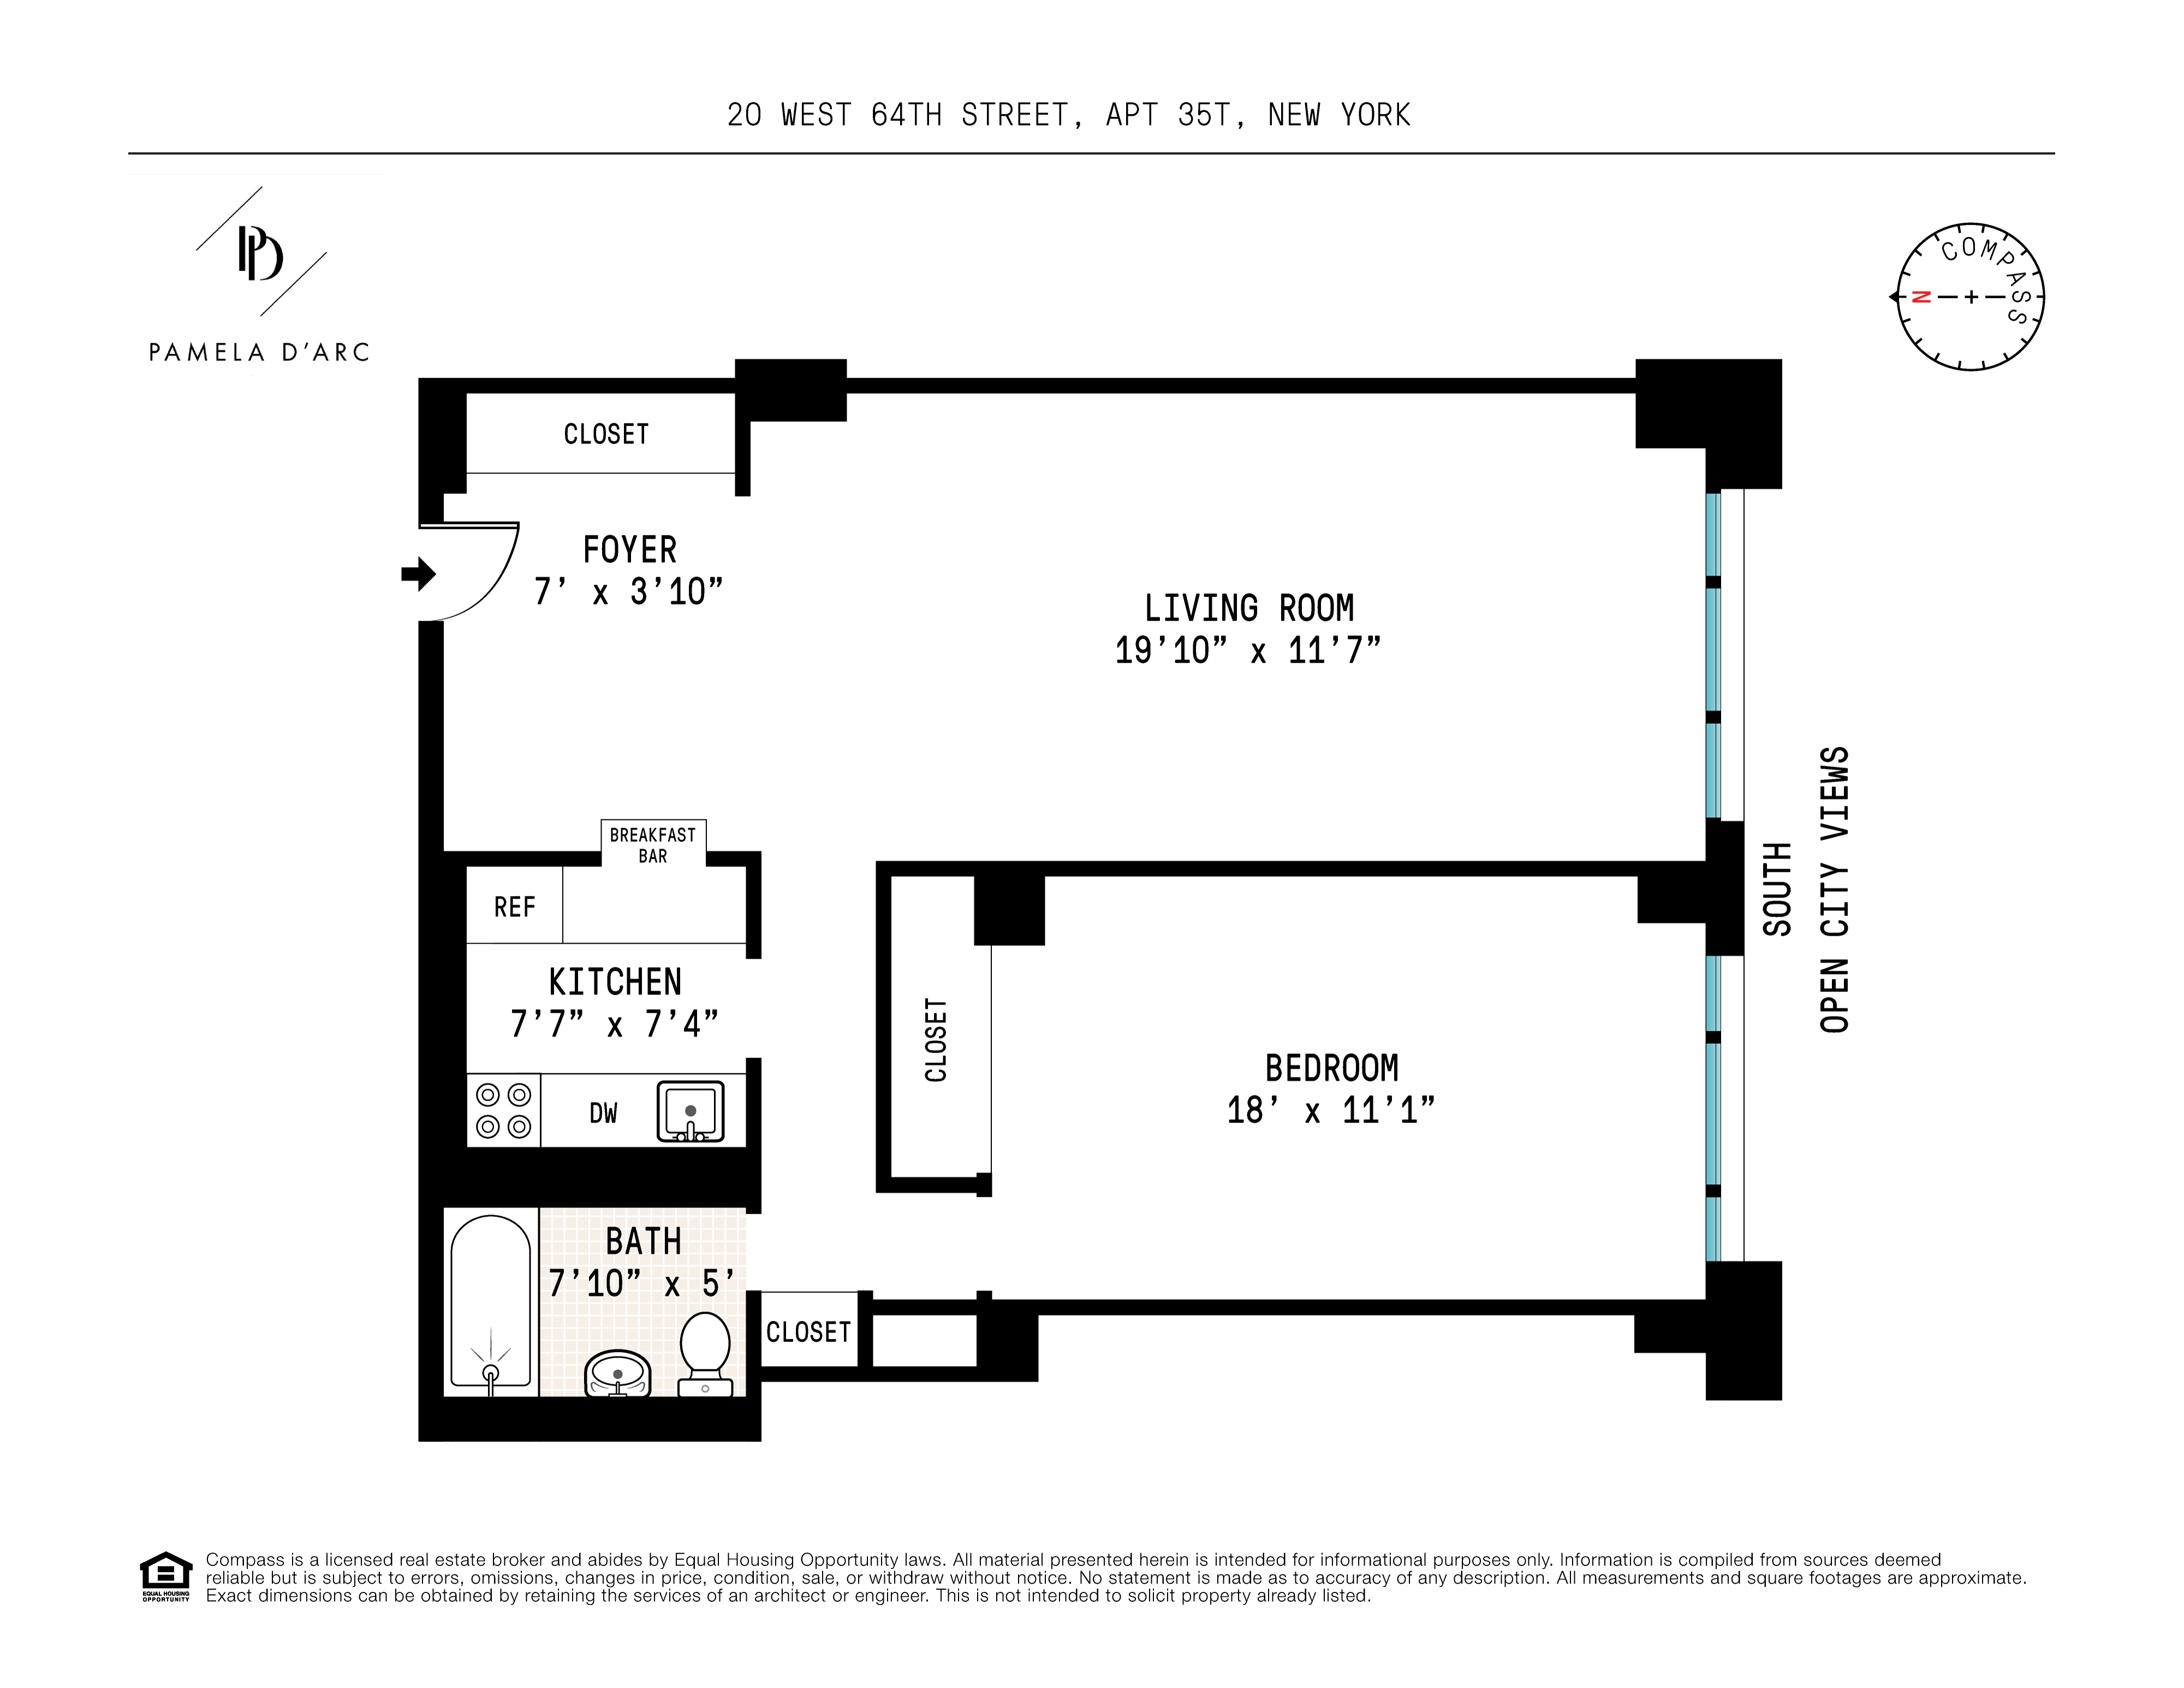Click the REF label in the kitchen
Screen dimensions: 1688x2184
514,907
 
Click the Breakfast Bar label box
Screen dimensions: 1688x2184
653,845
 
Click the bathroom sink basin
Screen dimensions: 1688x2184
617,1374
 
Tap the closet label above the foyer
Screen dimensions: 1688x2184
606,434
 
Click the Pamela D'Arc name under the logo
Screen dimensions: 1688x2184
259,352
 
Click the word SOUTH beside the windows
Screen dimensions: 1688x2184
1777,888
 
